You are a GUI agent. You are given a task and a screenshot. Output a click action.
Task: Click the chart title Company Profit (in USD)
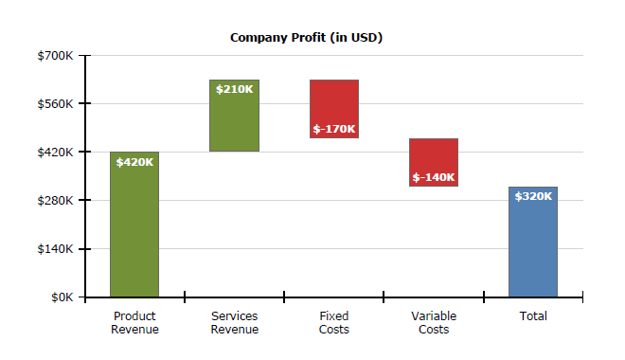(306, 38)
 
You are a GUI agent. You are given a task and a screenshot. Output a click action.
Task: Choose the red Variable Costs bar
(434, 156)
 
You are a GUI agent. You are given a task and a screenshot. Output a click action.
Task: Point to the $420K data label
(134, 162)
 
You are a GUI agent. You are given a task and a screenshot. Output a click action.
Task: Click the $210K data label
(234, 89)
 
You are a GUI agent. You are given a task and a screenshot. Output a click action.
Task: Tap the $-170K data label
(334, 129)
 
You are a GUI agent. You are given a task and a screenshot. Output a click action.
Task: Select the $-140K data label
(434, 177)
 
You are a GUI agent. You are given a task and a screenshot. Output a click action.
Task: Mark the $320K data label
(533, 196)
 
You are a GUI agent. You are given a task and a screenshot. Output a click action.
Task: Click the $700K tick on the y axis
(55, 56)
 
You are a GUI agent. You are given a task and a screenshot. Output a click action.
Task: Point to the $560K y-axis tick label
(55, 103)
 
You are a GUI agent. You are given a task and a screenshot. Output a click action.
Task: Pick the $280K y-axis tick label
(55, 201)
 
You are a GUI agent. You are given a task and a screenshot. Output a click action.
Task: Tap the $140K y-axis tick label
(55, 249)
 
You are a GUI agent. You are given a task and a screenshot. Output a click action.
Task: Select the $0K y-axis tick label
(62, 297)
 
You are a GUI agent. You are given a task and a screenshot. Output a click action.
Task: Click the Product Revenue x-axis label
(134, 323)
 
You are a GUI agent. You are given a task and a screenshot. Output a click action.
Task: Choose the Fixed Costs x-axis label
(333, 323)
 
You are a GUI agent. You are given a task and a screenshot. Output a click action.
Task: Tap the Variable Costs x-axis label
(434, 323)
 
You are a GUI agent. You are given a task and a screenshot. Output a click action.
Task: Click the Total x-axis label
(533, 316)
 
